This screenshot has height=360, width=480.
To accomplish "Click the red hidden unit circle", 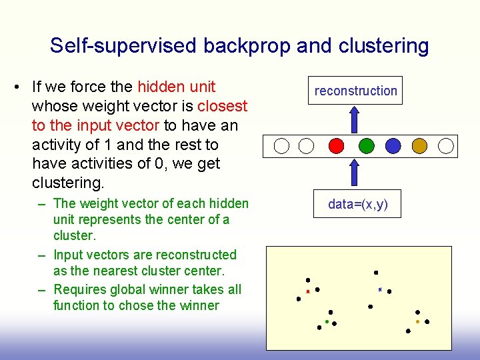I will pyautogui.click(x=337, y=145).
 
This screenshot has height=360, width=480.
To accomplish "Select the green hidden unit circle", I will pyautogui.click(x=366, y=145).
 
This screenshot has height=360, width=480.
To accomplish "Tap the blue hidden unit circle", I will pyautogui.click(x=393, y=145).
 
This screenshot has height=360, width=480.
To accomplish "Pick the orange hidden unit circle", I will pyautogui.click(x=419, y=145).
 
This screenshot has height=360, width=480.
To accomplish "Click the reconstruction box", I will pyautogui.click(x=355, y=91).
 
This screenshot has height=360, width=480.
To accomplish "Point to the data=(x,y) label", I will pyautogui.click(x=357, y=205).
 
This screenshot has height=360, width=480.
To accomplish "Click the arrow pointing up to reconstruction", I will pyautogui.click(x=355, y=119).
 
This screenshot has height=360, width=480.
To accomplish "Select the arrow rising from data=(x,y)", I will pyautogui.click(x=355, y=174).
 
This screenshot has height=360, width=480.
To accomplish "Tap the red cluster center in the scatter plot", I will pyautogui.click(x=307, y=291).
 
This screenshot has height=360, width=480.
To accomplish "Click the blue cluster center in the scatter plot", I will pyautogui.click(x=379, y=289).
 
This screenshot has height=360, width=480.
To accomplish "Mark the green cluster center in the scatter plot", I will pyautogui.click(x=327, y=321).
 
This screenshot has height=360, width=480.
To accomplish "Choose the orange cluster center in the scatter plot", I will pyautogui.click(x=417, y=321).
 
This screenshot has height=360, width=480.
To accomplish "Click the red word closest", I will pyautogui.click(x=222, y=106).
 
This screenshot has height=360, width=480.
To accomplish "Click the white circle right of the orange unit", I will pyautogui.click(x=446, y=145).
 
